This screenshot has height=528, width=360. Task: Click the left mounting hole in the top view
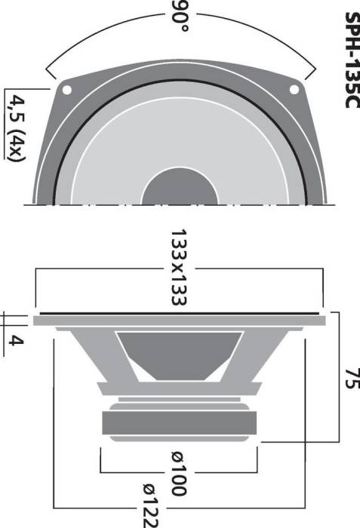[x=67, y=90]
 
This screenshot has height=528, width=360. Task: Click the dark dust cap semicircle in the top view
[x=179, y=187]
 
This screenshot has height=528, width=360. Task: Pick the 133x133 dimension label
[x=179, y=267]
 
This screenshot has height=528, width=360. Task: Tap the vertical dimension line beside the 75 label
[x=335, y=377]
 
